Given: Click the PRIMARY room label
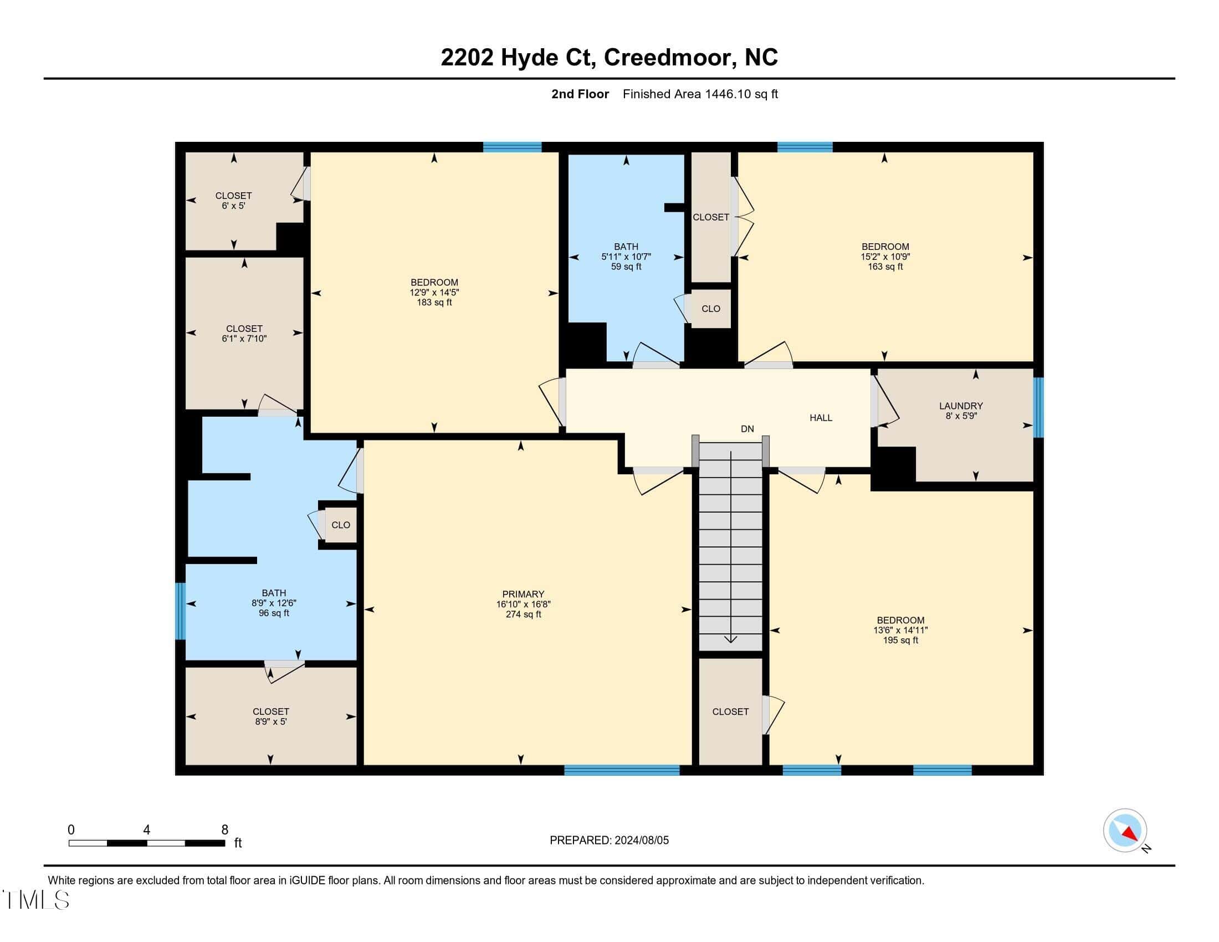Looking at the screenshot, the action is (523, 595).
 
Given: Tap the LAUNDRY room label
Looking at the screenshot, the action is (961, 406).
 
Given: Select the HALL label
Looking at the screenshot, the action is (821, 417).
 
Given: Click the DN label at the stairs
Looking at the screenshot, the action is (747, 428).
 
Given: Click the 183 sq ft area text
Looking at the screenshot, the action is (434, 303).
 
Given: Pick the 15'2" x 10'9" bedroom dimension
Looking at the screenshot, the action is (885, 257).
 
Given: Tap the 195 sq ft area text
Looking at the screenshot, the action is (900, 640).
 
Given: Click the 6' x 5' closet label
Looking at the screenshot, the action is (233, 206).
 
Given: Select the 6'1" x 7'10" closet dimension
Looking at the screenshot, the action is (244, 338).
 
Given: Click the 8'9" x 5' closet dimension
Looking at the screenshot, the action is (271, 721).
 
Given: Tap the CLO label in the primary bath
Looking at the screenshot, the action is (340, 525).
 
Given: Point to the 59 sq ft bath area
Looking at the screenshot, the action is (626, 267).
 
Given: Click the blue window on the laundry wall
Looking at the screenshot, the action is (1038, 407).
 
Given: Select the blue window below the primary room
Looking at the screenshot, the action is (622, 770).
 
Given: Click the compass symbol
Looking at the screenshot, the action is (1125, 831).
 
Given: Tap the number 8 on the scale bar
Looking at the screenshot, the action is (225, 830).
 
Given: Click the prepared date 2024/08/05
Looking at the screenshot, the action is (641, 840).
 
